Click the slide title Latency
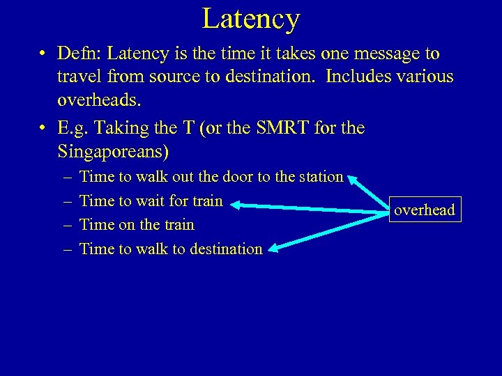point(251,19)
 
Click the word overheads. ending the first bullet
point(99,100)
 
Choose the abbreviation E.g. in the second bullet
point(77,128)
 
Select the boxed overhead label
point(424,210)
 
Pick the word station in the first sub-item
point(320,177)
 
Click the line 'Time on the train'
point(137,225)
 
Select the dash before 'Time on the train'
point(65,225)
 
